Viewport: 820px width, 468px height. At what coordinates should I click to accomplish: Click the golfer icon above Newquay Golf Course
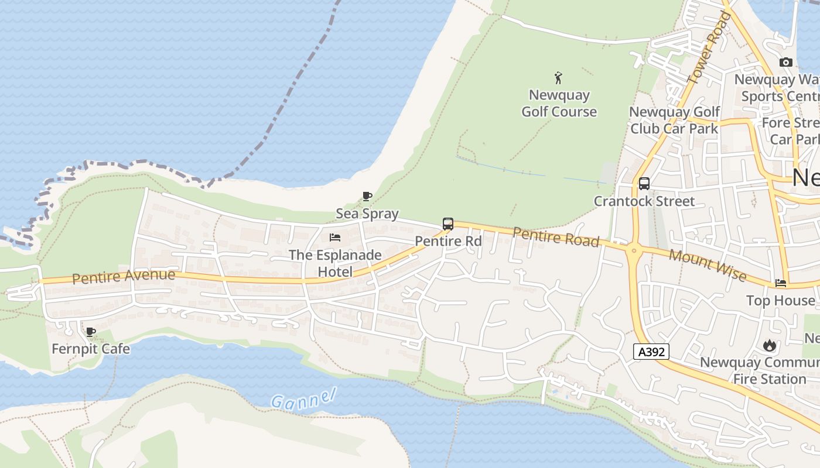(558, 77)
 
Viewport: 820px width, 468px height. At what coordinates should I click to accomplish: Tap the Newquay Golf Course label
(559, 104)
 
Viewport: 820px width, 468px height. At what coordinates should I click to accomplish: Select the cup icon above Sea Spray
(367, 197)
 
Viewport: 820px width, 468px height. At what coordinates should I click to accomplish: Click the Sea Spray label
(367, 214)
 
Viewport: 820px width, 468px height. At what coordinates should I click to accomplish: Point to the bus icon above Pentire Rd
(448, 224)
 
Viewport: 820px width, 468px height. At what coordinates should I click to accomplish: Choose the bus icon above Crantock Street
(644, 184)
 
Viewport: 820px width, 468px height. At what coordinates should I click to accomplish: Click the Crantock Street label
(644, 201)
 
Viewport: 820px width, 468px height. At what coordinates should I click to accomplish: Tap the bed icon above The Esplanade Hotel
(335, 238)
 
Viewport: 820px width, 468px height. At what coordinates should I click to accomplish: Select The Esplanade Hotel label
(336, 263)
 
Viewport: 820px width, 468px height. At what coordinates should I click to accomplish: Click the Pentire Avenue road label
(124, 276)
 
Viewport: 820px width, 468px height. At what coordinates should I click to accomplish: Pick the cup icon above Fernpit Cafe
(91, 332)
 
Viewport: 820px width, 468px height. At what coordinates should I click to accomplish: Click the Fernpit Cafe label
(91, 349)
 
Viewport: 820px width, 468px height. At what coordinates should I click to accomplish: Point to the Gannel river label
(303, 398)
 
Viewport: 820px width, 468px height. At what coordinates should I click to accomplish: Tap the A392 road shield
(651, 352)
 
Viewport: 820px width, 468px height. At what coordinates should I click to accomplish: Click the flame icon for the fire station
(769, 345)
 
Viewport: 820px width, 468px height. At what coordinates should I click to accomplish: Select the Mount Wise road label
(708, 264)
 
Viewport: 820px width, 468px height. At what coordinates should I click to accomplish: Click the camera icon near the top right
(786, 62)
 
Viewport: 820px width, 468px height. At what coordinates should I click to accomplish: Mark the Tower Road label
(709, 47)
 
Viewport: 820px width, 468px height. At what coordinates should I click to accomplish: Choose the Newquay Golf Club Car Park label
(674, 120)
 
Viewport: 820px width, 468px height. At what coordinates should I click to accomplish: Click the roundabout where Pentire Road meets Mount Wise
(633, 252)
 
